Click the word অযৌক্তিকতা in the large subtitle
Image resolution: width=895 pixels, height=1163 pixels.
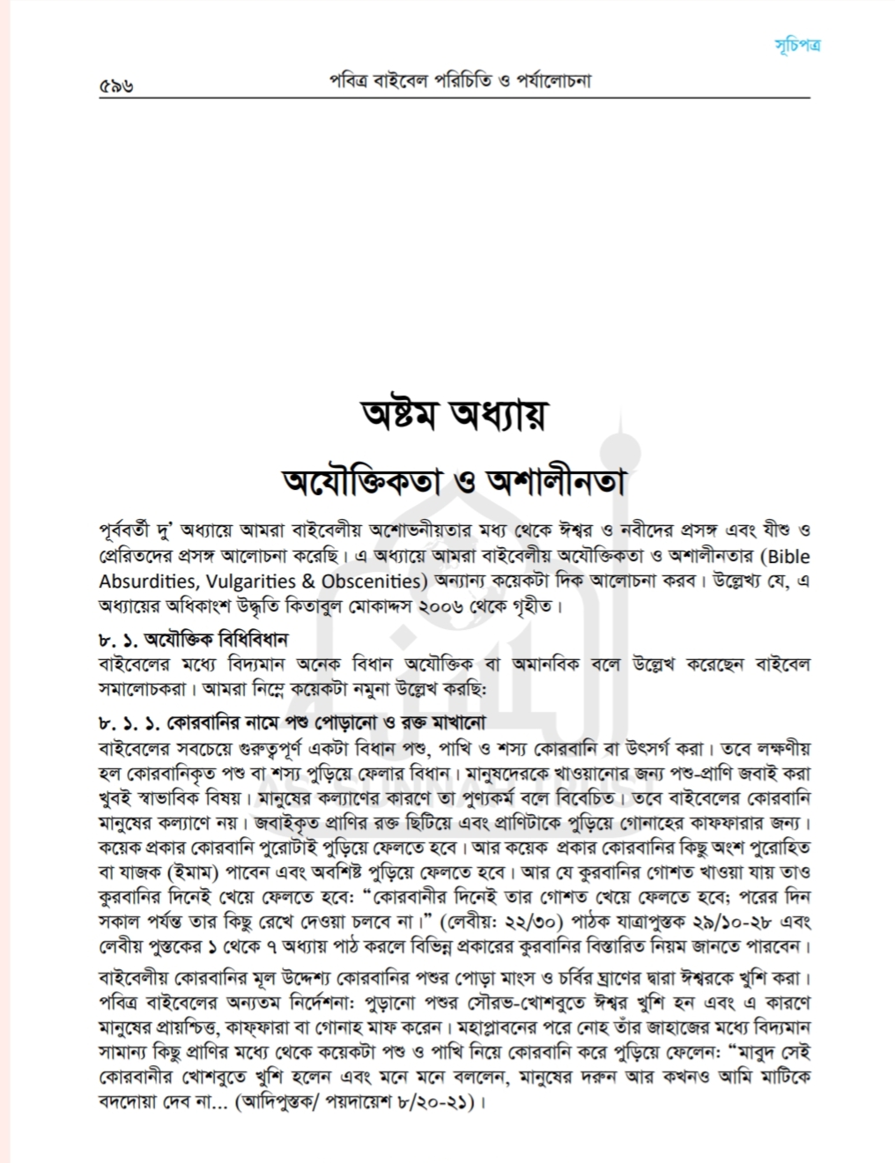click(367, 481)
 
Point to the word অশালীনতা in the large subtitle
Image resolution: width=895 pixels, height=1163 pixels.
click(555, 481)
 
